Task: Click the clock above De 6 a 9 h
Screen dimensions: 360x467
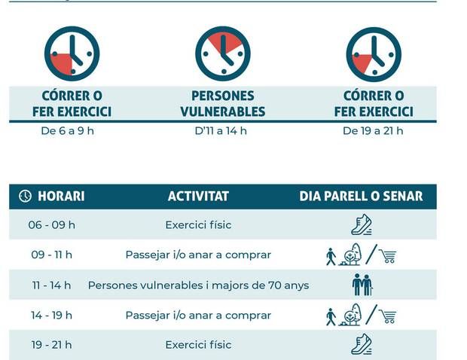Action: (72, 53)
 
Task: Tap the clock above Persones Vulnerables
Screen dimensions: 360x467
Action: (223, 53)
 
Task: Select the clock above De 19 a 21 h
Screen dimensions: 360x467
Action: (374, 53)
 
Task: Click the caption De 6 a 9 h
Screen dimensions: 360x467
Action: (67, 131)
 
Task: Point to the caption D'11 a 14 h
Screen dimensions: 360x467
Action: (221, 131)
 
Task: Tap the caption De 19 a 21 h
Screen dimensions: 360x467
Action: (373, 131)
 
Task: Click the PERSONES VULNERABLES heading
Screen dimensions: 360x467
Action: (223, 104)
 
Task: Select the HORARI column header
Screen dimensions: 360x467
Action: (60, 197)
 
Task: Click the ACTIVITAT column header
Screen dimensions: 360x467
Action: (198, 197)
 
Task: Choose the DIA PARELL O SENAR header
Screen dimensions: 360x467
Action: (361, 197)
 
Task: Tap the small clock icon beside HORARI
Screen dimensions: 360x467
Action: (25, 197)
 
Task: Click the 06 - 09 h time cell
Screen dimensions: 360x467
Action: (52, 225)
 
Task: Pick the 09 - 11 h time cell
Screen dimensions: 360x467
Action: (52, 255)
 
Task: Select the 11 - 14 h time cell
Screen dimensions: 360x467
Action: (51, 285)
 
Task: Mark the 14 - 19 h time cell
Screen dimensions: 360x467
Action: (52, 315)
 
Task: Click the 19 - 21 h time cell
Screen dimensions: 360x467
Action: (52, 345)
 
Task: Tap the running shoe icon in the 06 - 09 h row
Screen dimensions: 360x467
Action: (362, 224)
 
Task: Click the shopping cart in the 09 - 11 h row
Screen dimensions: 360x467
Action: (388, 256)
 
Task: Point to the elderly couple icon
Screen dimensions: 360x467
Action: (362, 285)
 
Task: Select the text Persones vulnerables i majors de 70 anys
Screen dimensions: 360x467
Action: (198, 285)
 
